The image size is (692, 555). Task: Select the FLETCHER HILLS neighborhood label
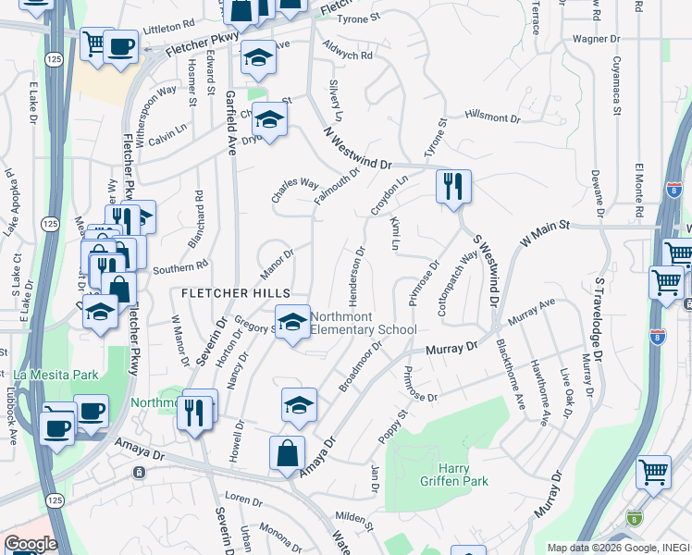tap(229, 293)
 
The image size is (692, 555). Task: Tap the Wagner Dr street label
tap(596, 39)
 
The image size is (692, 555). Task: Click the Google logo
tap(31, 543)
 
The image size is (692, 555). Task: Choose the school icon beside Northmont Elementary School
tap(292, 323)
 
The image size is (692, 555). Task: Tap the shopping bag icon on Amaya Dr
tap(287, 453)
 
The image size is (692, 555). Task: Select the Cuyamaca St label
tap(616, 83)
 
